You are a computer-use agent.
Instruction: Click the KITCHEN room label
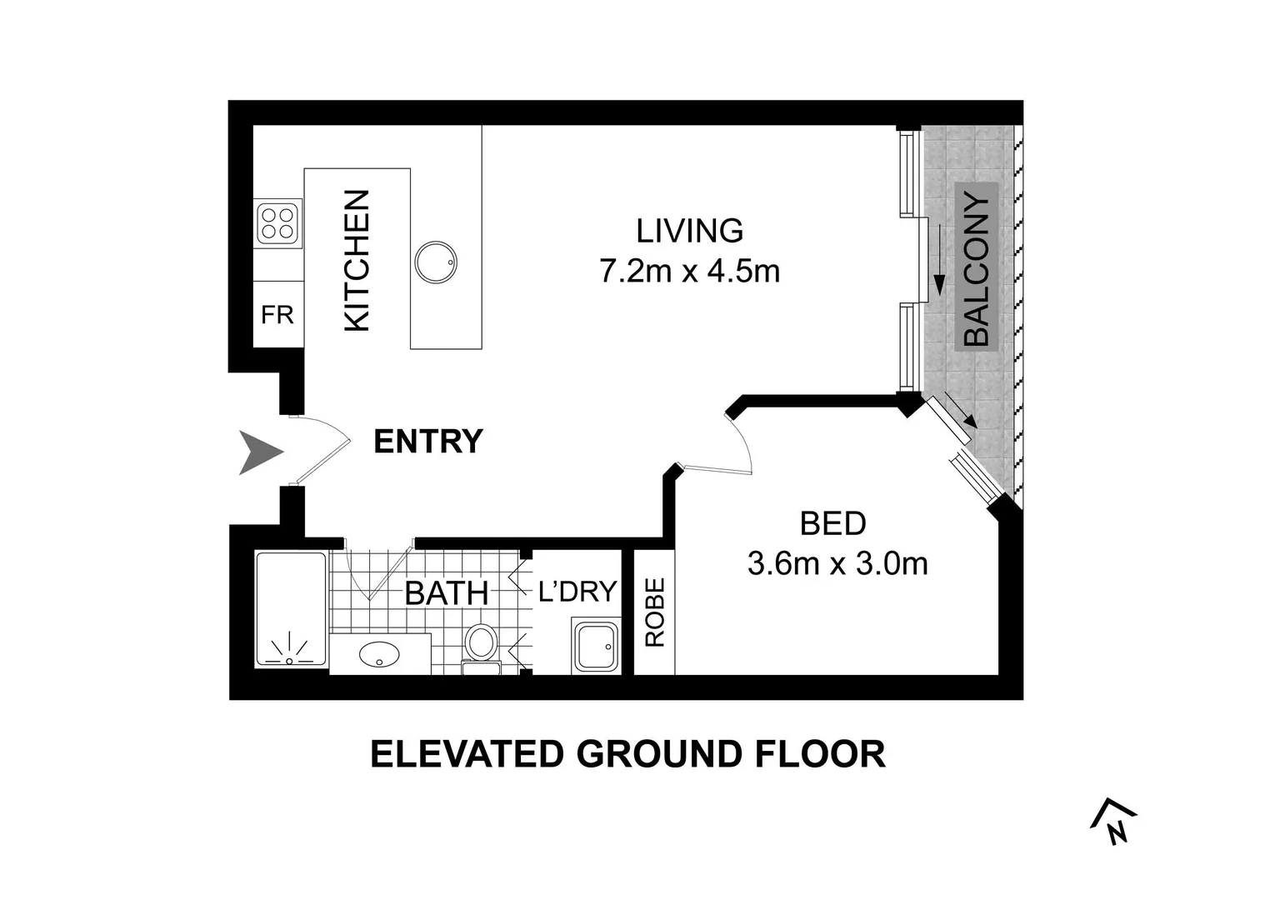pyautogui.click(x=357, y=261)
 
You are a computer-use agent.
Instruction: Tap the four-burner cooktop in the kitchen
pyautogui.click(x=278, y=223)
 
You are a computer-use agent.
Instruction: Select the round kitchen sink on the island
pyautogui.click(x=435, y=262)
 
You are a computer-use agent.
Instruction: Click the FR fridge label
pyautogui.click(x=277, y=315)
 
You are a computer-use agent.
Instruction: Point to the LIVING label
pyautogui.click(x=689, y=230)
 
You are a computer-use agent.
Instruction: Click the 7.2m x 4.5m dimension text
pyautogui.click(x=689, y=272)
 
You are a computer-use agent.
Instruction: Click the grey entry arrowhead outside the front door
pyautogui.click(x=260, y=452)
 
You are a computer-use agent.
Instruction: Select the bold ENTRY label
pyautogui.click(x=427, y=442)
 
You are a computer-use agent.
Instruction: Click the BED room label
pyautogui.click(x=832, y=523)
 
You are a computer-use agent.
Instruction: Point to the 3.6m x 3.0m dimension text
pyautogui.click(x=837, y=564)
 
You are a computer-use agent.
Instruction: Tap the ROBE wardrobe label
pyautogui.click(x=655, y=612)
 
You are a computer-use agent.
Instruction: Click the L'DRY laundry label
pyautogui.click(x=577, y=591)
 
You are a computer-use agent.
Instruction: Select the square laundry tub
pyautogui.click(x=596, y=646)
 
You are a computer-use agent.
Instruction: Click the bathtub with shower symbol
pyautogui.click(x=291, y=609)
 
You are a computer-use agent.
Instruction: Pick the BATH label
pyautogui.click(x=446, y=593)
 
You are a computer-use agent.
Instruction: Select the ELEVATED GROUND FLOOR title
pyautogui.click(x=627, y=754)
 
